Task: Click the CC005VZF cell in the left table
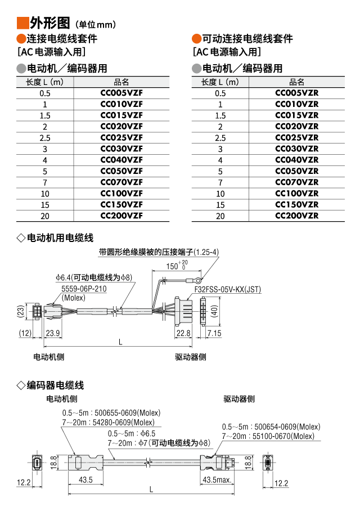tap(121, 93)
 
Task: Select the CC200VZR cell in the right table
tap(296, 216)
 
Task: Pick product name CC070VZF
tap(121, 182)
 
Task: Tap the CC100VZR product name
tap(296, 193)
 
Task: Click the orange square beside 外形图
tap(22, 23)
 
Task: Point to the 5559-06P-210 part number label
tap(84, 289)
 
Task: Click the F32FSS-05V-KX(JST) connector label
tap(227, 290)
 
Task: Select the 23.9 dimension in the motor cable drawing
tap(53, 333)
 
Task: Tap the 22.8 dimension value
tap(183, 333)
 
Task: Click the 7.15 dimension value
tap(214, 333)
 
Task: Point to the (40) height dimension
tap(214, 311)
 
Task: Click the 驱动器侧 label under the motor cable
tap(190, 357)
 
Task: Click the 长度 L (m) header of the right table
tap(220, 82)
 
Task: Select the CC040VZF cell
tap(121, 160)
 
